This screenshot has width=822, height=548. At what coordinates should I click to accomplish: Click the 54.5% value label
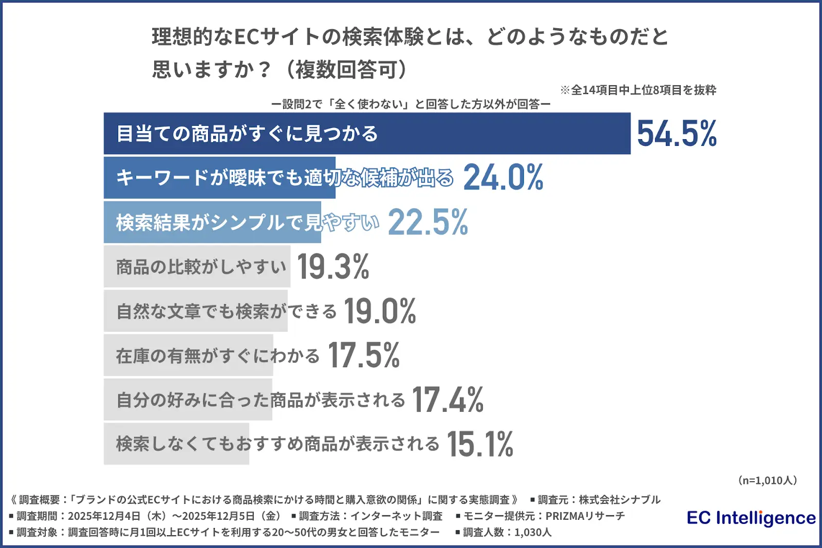tap(677, 134)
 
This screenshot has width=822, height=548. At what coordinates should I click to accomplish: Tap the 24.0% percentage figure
tap(503, 178)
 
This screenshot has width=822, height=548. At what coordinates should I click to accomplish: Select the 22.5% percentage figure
tap(427, 222)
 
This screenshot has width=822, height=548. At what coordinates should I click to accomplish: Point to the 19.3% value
tap(333, 267)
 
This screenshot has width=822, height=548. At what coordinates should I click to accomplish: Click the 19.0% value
tap(380, 311)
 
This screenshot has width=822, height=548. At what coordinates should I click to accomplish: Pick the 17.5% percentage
tap(364, 355)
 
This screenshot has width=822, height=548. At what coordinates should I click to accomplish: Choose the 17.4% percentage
tap(447, 400)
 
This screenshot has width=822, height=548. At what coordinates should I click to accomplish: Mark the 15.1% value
tap(480, 444)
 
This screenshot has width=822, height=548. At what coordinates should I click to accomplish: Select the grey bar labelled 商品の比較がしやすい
tap(197, 267)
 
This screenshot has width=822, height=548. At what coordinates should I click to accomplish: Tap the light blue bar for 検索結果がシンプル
tap(212, 222)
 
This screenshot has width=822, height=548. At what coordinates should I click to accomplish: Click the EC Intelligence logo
tap(751, 518)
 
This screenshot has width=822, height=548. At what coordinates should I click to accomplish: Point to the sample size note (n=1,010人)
tap(767, 480)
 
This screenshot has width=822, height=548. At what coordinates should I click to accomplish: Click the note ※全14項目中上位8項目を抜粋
tap(638, 90)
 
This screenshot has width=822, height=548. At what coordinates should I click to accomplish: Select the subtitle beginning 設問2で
tap(411, 104)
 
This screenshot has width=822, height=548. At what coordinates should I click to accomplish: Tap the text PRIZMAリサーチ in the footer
tap(585, 516)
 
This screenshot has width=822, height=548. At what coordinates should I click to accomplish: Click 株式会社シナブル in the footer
tap(620, 500)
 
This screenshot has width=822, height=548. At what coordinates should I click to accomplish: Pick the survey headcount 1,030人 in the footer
tap(533, 532)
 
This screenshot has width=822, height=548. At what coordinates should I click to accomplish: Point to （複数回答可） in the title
tap(346, 69)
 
